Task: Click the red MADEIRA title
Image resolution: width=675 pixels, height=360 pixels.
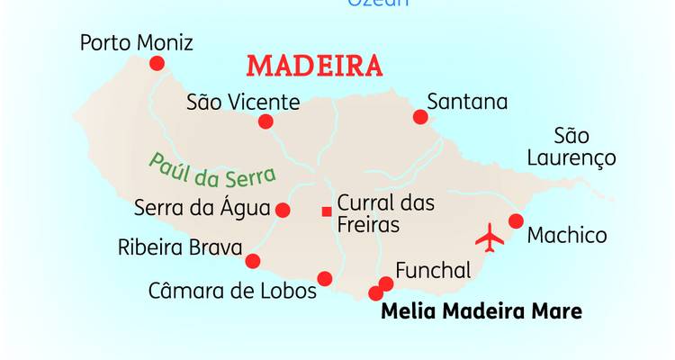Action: tap(314, 67)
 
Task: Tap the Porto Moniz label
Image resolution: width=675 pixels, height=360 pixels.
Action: tap(136, 43)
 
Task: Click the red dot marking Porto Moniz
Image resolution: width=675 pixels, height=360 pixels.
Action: tap(157, 63)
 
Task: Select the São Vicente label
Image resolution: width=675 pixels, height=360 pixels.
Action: tap(242, 102)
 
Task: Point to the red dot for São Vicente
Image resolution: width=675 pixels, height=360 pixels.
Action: tap(265, 121)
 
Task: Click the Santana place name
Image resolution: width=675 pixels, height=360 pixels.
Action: tap(467, 101)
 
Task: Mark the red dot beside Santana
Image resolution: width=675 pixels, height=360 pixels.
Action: tap(420, 116)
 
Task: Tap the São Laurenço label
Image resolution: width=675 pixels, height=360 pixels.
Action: tap(584, 148)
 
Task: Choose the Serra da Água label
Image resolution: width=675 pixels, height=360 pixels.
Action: tap(202, 208)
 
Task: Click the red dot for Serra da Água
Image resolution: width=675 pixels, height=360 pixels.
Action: tap(283, 210)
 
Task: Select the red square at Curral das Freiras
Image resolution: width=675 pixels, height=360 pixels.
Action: tap(326, 211)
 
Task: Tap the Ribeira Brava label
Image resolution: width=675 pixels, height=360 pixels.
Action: tap(180, 247)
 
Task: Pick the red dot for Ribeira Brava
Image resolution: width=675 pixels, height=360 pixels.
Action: tap(253, 261)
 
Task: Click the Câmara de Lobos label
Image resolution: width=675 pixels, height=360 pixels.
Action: tap(232, 291)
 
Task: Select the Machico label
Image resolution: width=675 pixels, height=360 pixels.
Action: tap(567, 236)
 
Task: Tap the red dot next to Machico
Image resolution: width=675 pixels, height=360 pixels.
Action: tap(516, 221)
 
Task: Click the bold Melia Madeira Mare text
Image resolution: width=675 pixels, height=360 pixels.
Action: tap(481, 312)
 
